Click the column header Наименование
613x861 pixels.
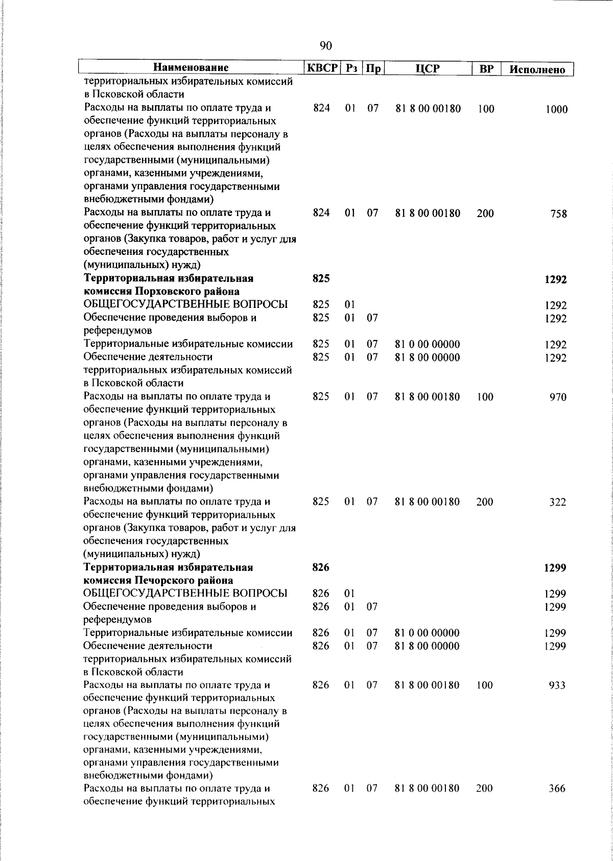[191, 68]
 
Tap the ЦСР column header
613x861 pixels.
[428, 68]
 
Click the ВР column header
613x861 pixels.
[486, 68]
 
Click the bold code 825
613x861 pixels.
[321, 279]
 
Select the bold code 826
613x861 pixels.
[321, 567]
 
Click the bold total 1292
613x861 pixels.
[555, 280]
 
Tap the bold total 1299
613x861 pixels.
[555, 568]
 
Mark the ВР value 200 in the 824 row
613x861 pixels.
[485, 213]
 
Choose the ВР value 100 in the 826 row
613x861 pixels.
[485, 685]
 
